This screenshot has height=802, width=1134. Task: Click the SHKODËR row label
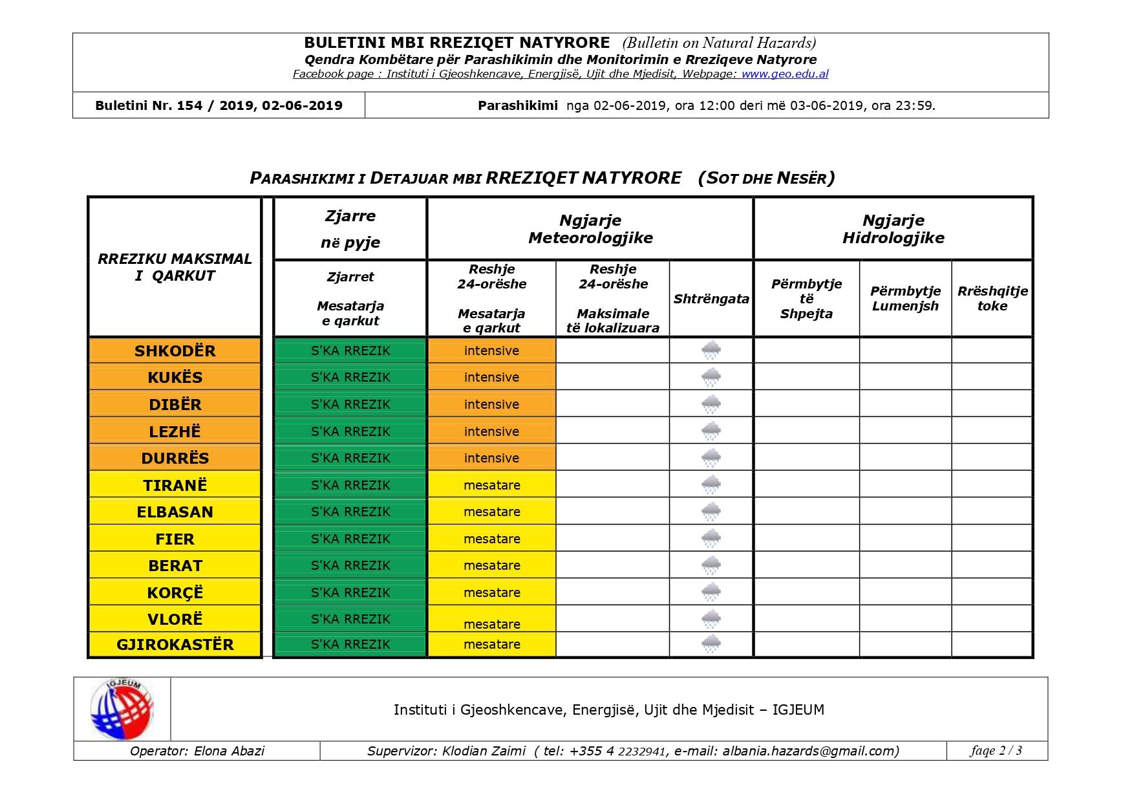(x=175, y=351)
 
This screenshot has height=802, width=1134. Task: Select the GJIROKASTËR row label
(x=175, y=644)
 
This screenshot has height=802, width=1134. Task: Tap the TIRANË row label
(x=175, y=485)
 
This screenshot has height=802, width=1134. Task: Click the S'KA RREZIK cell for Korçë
(x=350, y=592)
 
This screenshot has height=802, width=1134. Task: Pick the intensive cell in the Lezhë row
(x=491, y=431)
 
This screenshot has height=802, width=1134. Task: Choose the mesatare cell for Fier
(x=491, y=539)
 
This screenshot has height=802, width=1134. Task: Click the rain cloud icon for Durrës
(x=711, y=458)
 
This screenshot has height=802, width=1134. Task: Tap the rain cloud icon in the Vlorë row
(x=711, y=619)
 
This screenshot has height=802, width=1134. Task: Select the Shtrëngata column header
(x=711, y=299)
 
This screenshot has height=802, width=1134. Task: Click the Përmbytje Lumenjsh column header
(x=905, y=298)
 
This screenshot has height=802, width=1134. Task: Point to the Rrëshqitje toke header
(x=992, y=298)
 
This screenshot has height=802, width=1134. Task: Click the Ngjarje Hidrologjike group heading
(x=893, y=229)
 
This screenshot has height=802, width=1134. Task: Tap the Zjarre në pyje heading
(x=350, y=229)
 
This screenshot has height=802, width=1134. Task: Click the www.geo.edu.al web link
(x=785, y=74)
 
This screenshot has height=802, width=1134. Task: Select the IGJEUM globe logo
(x=122, y=710)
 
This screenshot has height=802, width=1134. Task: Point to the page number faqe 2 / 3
(x=996, y=750)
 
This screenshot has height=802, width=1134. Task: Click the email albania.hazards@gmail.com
(x=811, y=751)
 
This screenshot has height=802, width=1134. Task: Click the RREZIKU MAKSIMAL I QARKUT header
(x=175, y=267)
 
